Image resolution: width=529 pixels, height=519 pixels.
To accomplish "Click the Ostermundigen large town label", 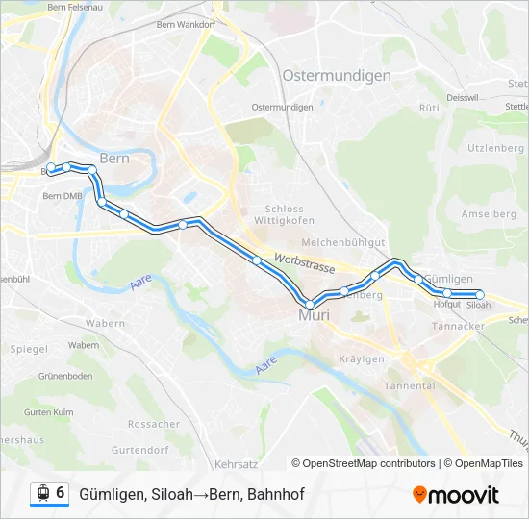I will [337, 75].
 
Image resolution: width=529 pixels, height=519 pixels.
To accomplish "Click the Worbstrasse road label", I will [302, 259].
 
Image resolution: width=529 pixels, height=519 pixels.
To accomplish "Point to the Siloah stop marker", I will [479, 294].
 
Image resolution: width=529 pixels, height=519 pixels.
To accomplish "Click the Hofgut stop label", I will [447, 305].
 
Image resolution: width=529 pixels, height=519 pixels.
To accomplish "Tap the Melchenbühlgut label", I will [343, 243].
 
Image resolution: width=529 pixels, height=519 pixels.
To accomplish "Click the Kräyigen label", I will [362, 358].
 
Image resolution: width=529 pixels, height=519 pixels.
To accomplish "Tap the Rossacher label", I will [154, 424].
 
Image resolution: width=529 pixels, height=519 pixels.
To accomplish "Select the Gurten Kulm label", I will [49, 411].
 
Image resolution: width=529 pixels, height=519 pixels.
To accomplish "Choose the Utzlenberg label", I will [495, 148].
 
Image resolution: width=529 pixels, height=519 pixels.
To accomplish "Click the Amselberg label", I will [490, 213].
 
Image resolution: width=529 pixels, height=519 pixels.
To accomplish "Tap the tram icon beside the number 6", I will [42, 493].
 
